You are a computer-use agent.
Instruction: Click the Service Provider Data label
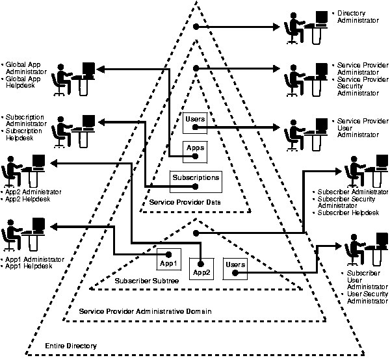(x=185, y=203)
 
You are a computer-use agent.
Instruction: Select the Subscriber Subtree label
(x=147, y=281)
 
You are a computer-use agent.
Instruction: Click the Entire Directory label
(x=70, y=346)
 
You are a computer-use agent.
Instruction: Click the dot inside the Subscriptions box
(x=194, y=187)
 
